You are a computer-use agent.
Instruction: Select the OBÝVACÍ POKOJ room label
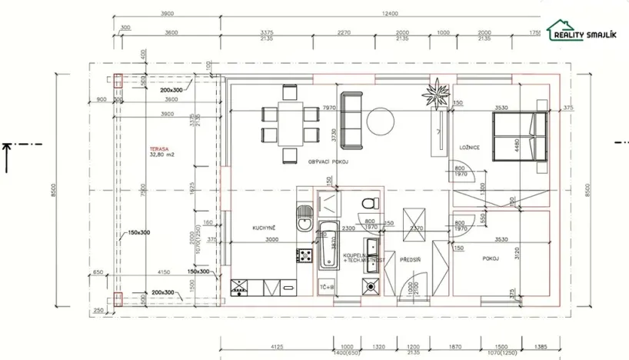329,161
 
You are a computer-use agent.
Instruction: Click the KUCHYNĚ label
264,228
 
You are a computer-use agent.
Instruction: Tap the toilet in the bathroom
370,202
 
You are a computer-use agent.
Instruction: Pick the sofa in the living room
352,121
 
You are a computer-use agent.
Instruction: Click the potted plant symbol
436,98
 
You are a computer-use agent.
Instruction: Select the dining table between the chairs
289,124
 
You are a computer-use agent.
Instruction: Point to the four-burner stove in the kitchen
305,255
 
